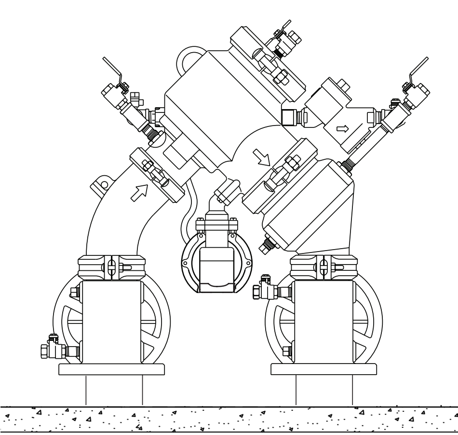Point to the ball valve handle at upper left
(x=115, y=70)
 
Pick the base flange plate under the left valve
(x=113, y=369)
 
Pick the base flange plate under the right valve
(x=324, y=369)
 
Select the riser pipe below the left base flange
(x=114, y=390)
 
